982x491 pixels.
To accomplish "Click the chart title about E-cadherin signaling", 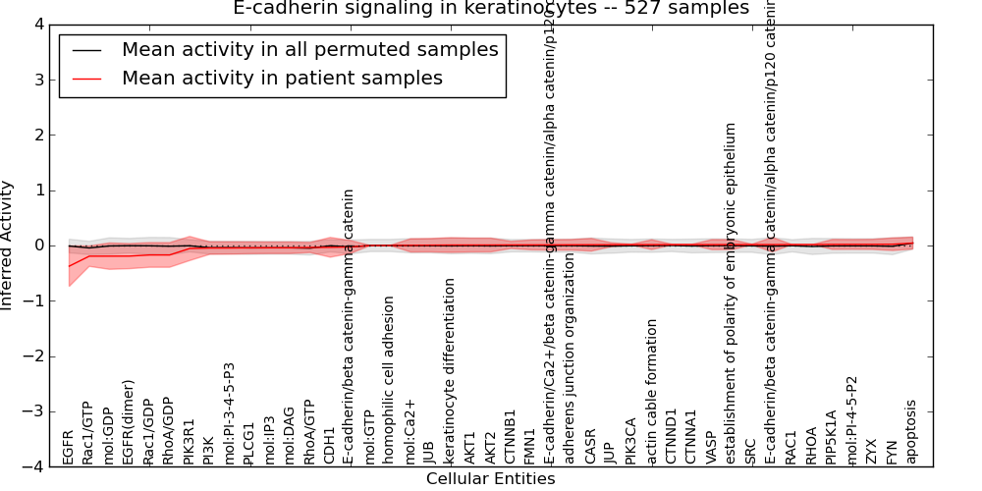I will tap(490, 9).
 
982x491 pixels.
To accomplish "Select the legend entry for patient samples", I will tap(282, 78).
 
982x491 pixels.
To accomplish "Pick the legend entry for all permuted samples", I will tap(309, 50).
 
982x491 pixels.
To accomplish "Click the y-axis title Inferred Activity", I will tap(8, 245).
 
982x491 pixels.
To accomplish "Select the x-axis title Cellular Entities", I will tap(490, 479).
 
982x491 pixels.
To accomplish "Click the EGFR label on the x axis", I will tap(68, 446).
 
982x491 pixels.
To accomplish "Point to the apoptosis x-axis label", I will tap(911, 431).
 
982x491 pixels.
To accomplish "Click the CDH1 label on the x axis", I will tap(329, 444).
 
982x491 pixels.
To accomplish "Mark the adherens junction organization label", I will tap(570, 378).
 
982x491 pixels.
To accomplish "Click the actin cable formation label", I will tap(652, 391).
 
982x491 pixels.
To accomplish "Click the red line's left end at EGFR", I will tap(69, 266).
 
